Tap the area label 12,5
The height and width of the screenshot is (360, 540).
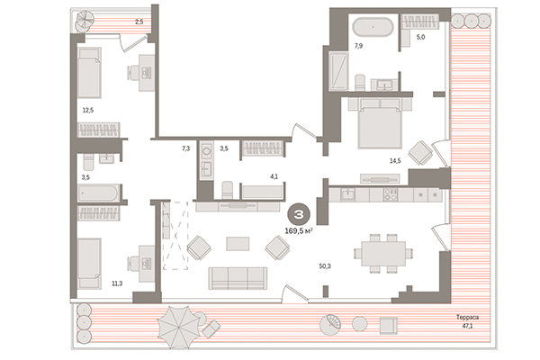[86, 111]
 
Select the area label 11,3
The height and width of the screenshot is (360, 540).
[116, 283]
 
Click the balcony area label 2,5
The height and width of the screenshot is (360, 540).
[139, 21]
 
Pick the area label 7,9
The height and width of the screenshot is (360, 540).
[358, 45]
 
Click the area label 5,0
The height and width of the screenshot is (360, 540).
[420, 38]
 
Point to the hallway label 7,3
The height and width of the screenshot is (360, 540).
[185, 147]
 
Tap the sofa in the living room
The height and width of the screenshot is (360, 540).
[238, 278]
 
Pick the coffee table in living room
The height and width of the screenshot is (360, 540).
[238, 243]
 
